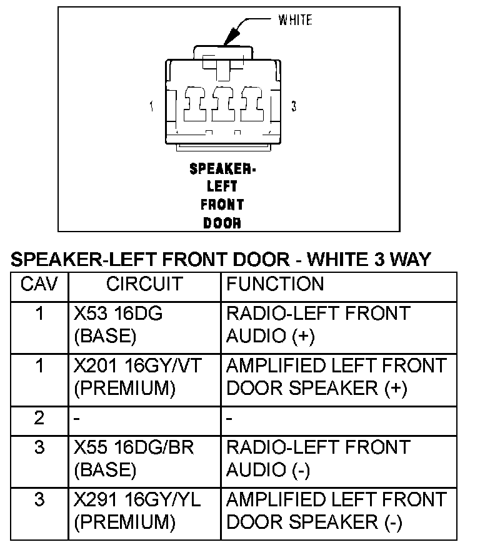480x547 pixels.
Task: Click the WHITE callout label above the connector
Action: coord(295,21)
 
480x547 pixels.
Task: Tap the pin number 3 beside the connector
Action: coord(294,107)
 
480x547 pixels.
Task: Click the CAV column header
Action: coord(39,285)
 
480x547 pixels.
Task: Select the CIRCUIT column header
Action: coord(144,285)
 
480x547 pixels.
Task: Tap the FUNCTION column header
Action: coord(275,285)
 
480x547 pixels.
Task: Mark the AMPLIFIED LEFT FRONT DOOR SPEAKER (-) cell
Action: coord(336,511)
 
